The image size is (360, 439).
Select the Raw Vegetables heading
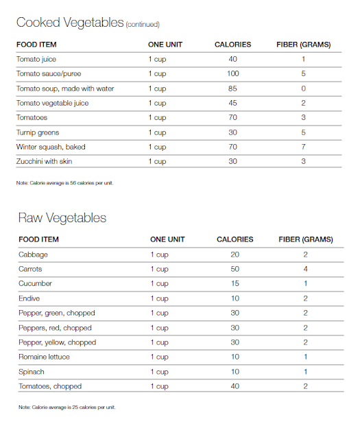click(x=62, y=218)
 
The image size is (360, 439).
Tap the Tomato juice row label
click(x=36, y=60)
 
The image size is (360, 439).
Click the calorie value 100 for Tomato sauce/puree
click(x=232, y=74)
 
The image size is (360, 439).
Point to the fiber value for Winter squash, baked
click(x=303, y=147)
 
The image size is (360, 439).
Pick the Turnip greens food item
click(x=38, y=132)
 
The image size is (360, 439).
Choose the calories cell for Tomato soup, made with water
click(x=232, y=88)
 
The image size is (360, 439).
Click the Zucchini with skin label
click(x=44, y=161)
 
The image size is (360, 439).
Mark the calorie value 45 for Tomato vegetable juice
click(x=232, y=103)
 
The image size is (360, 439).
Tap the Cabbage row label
click(x=34, y=254)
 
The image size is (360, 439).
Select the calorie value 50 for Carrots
click(x=235, y=269)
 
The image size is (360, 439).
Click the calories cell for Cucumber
click(x=235, y=283)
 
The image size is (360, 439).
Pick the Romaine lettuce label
click(x=44, y=357)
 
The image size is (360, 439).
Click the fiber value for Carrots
click(x=306, y=269)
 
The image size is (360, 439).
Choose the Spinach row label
click(x=32, y=372)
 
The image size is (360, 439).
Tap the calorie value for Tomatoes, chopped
click(x=235, y=386)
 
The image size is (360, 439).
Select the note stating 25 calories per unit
click(x=67, y=407)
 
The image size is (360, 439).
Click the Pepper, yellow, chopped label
click(x=57, y=342)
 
